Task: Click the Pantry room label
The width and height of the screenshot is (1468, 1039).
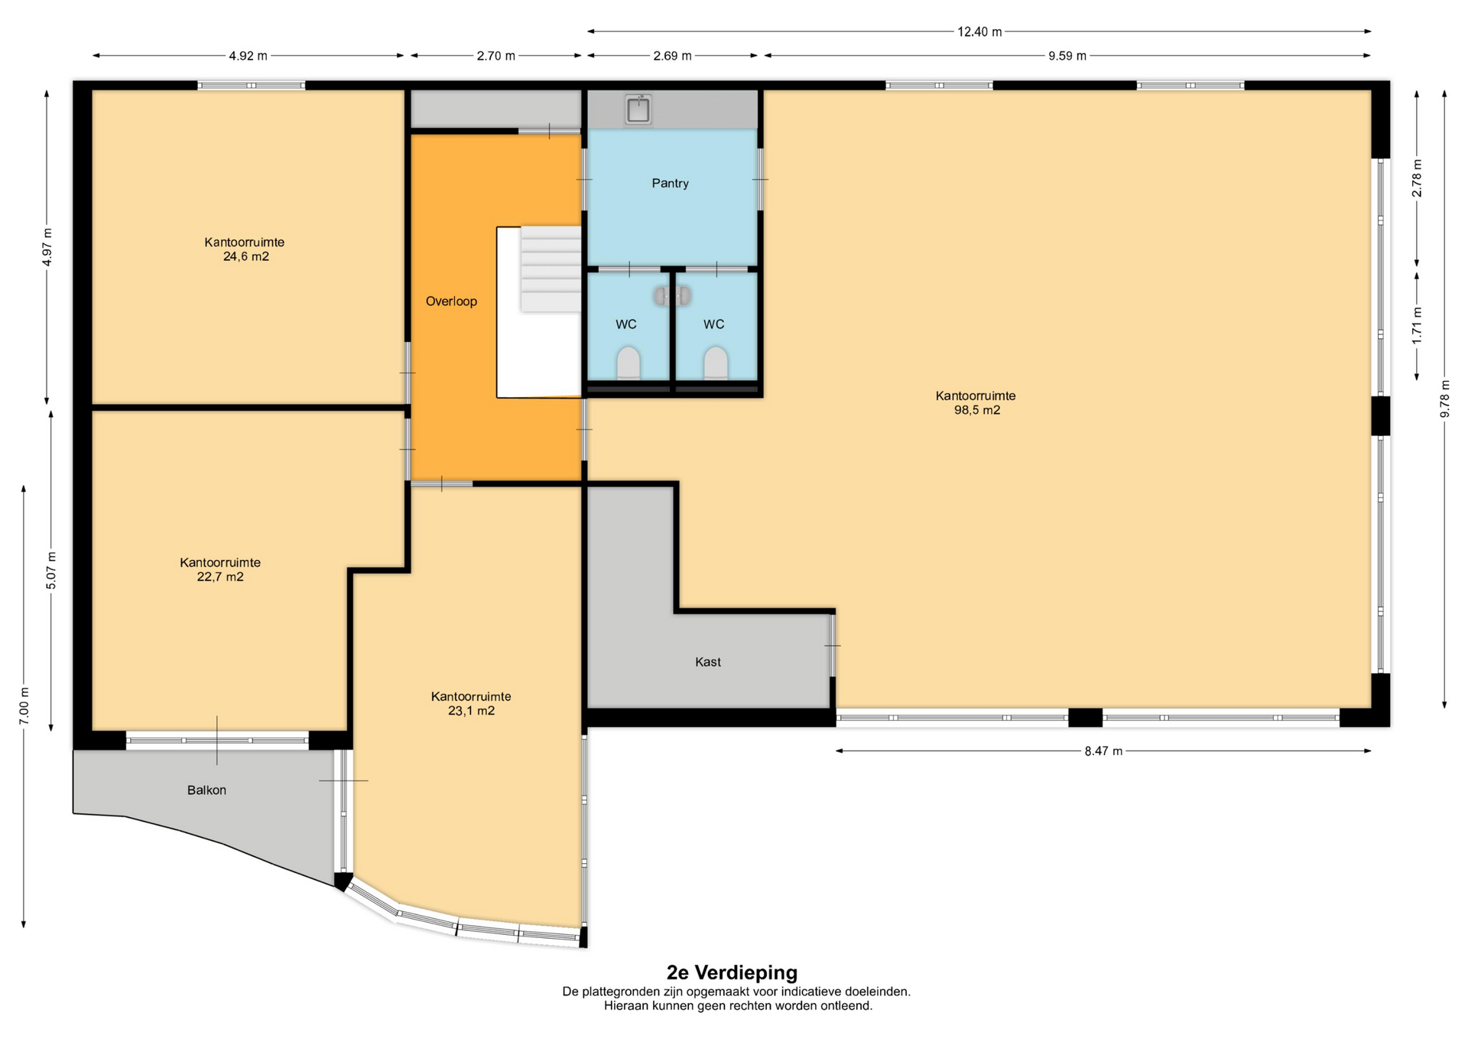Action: point(670,184)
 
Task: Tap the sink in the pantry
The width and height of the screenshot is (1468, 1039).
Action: point(638,109)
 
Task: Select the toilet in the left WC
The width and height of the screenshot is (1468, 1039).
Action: point(628,363)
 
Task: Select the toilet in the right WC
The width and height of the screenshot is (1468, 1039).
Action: point(716,363)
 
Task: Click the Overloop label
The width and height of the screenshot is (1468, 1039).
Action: point(451,301)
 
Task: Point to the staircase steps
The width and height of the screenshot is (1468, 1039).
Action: point(550,269)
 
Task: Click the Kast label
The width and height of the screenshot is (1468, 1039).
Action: point(708,662)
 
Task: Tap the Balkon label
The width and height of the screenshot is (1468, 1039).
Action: point(206,790)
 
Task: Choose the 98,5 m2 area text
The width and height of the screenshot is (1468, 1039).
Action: point(977,410)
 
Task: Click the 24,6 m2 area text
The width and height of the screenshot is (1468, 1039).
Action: point(246,257)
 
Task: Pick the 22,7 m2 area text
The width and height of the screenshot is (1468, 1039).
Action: point(220,577)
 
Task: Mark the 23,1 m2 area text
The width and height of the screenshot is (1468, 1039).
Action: point(471,711)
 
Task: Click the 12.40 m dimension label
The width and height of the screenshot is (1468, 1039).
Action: point(979,32)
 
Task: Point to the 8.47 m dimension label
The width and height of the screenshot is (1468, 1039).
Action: point(1103,751)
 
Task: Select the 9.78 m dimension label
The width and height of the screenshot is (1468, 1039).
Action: point(1445,399)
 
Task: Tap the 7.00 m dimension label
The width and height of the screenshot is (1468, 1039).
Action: point(24,705)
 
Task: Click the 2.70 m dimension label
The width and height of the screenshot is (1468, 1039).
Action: point(495,56)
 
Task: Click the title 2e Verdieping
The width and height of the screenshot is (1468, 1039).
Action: point(732,972)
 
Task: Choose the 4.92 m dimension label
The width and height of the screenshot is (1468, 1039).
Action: point(248,56)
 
